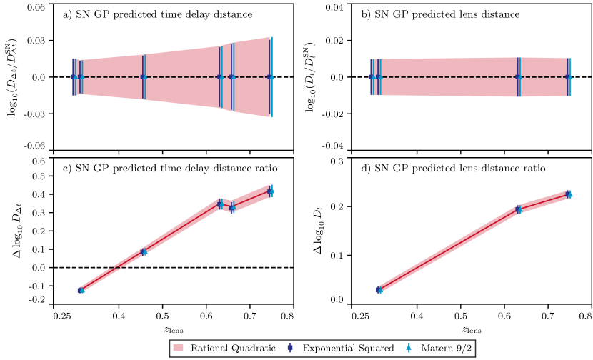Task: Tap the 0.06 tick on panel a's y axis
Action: pos(36,6)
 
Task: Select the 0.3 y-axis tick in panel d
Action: pos(337,161)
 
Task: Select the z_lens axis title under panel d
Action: pos(469,330)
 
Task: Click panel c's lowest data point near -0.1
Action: pos(81,290)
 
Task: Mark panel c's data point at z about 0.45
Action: pos(143,251)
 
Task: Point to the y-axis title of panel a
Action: pos(16,76)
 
